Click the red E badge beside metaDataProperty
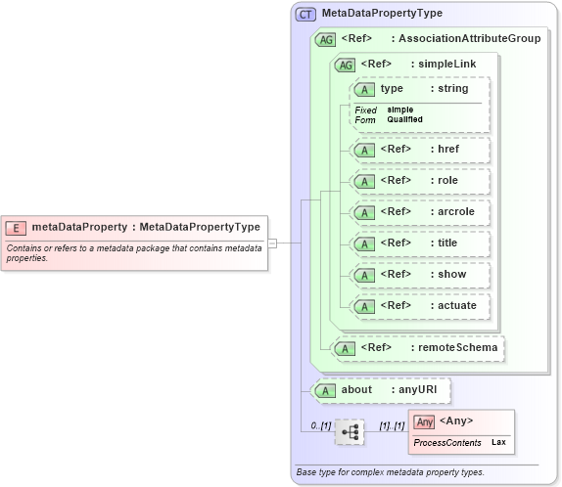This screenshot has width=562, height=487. [16, 227]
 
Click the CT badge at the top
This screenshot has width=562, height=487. [306, 14]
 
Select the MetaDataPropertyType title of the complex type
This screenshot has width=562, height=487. [382, 14]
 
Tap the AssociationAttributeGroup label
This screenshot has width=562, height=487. [465, 39]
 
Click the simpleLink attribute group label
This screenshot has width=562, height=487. [440, 64]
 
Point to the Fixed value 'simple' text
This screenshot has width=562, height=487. [399, 110]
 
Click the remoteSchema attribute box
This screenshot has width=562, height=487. [419, 347]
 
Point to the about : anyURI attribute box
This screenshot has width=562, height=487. [381, 389]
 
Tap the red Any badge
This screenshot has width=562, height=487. [424, 421]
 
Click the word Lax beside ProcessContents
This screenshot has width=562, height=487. [498, 443]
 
